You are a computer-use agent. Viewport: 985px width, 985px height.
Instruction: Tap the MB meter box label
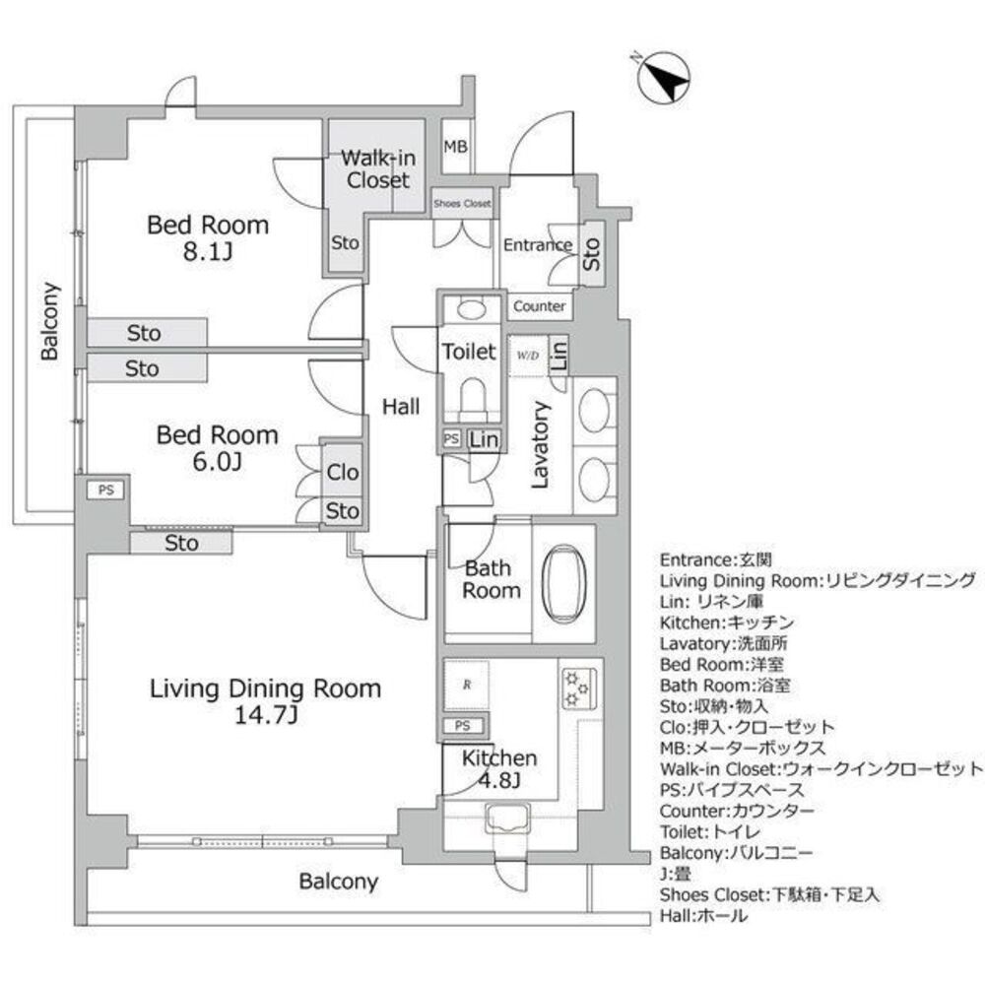pyautogui.click(x=455, y=148)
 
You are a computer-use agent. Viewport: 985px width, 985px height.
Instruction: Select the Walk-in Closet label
pyautogui.click(x=376, y=168)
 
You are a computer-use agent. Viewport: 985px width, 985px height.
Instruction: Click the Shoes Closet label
pyautogui.click(x=462, y=203)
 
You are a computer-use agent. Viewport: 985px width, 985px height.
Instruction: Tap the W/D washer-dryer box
pyautogui.click(x=524, y=355)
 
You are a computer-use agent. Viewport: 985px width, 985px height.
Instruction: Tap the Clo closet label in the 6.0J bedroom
pyautogui.click(x=343, y=473)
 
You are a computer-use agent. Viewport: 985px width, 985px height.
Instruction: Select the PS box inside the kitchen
pyautogui.click(x=462, y=727)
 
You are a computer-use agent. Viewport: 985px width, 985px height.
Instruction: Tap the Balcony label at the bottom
pyautogui.click(x=339, y=882)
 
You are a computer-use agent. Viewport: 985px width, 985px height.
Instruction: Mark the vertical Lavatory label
pyautogui.click(x=540, y=444)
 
